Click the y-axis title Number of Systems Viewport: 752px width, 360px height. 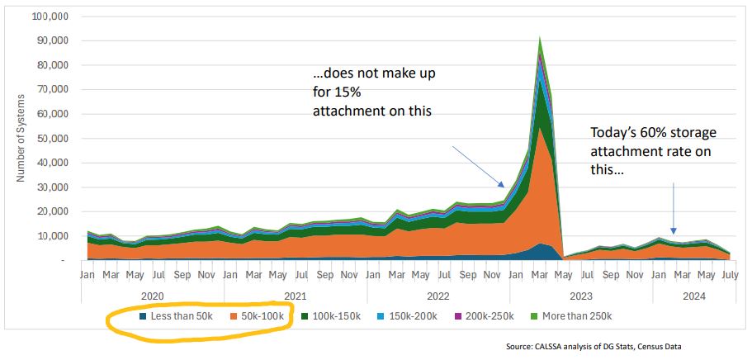click(x=21, y=138)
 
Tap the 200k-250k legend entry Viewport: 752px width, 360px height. click(x=485, y=316)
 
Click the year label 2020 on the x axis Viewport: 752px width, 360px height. click(x=153, y=293)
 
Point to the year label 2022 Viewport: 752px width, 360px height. click(x=438, y=293)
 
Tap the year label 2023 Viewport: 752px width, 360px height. click(x=581, y=293)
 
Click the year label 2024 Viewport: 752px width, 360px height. click(x=688, y=293)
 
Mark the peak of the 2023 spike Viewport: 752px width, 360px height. click(x=539, y=37)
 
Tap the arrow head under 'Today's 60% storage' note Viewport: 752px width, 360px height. click(x=674, y=233)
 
